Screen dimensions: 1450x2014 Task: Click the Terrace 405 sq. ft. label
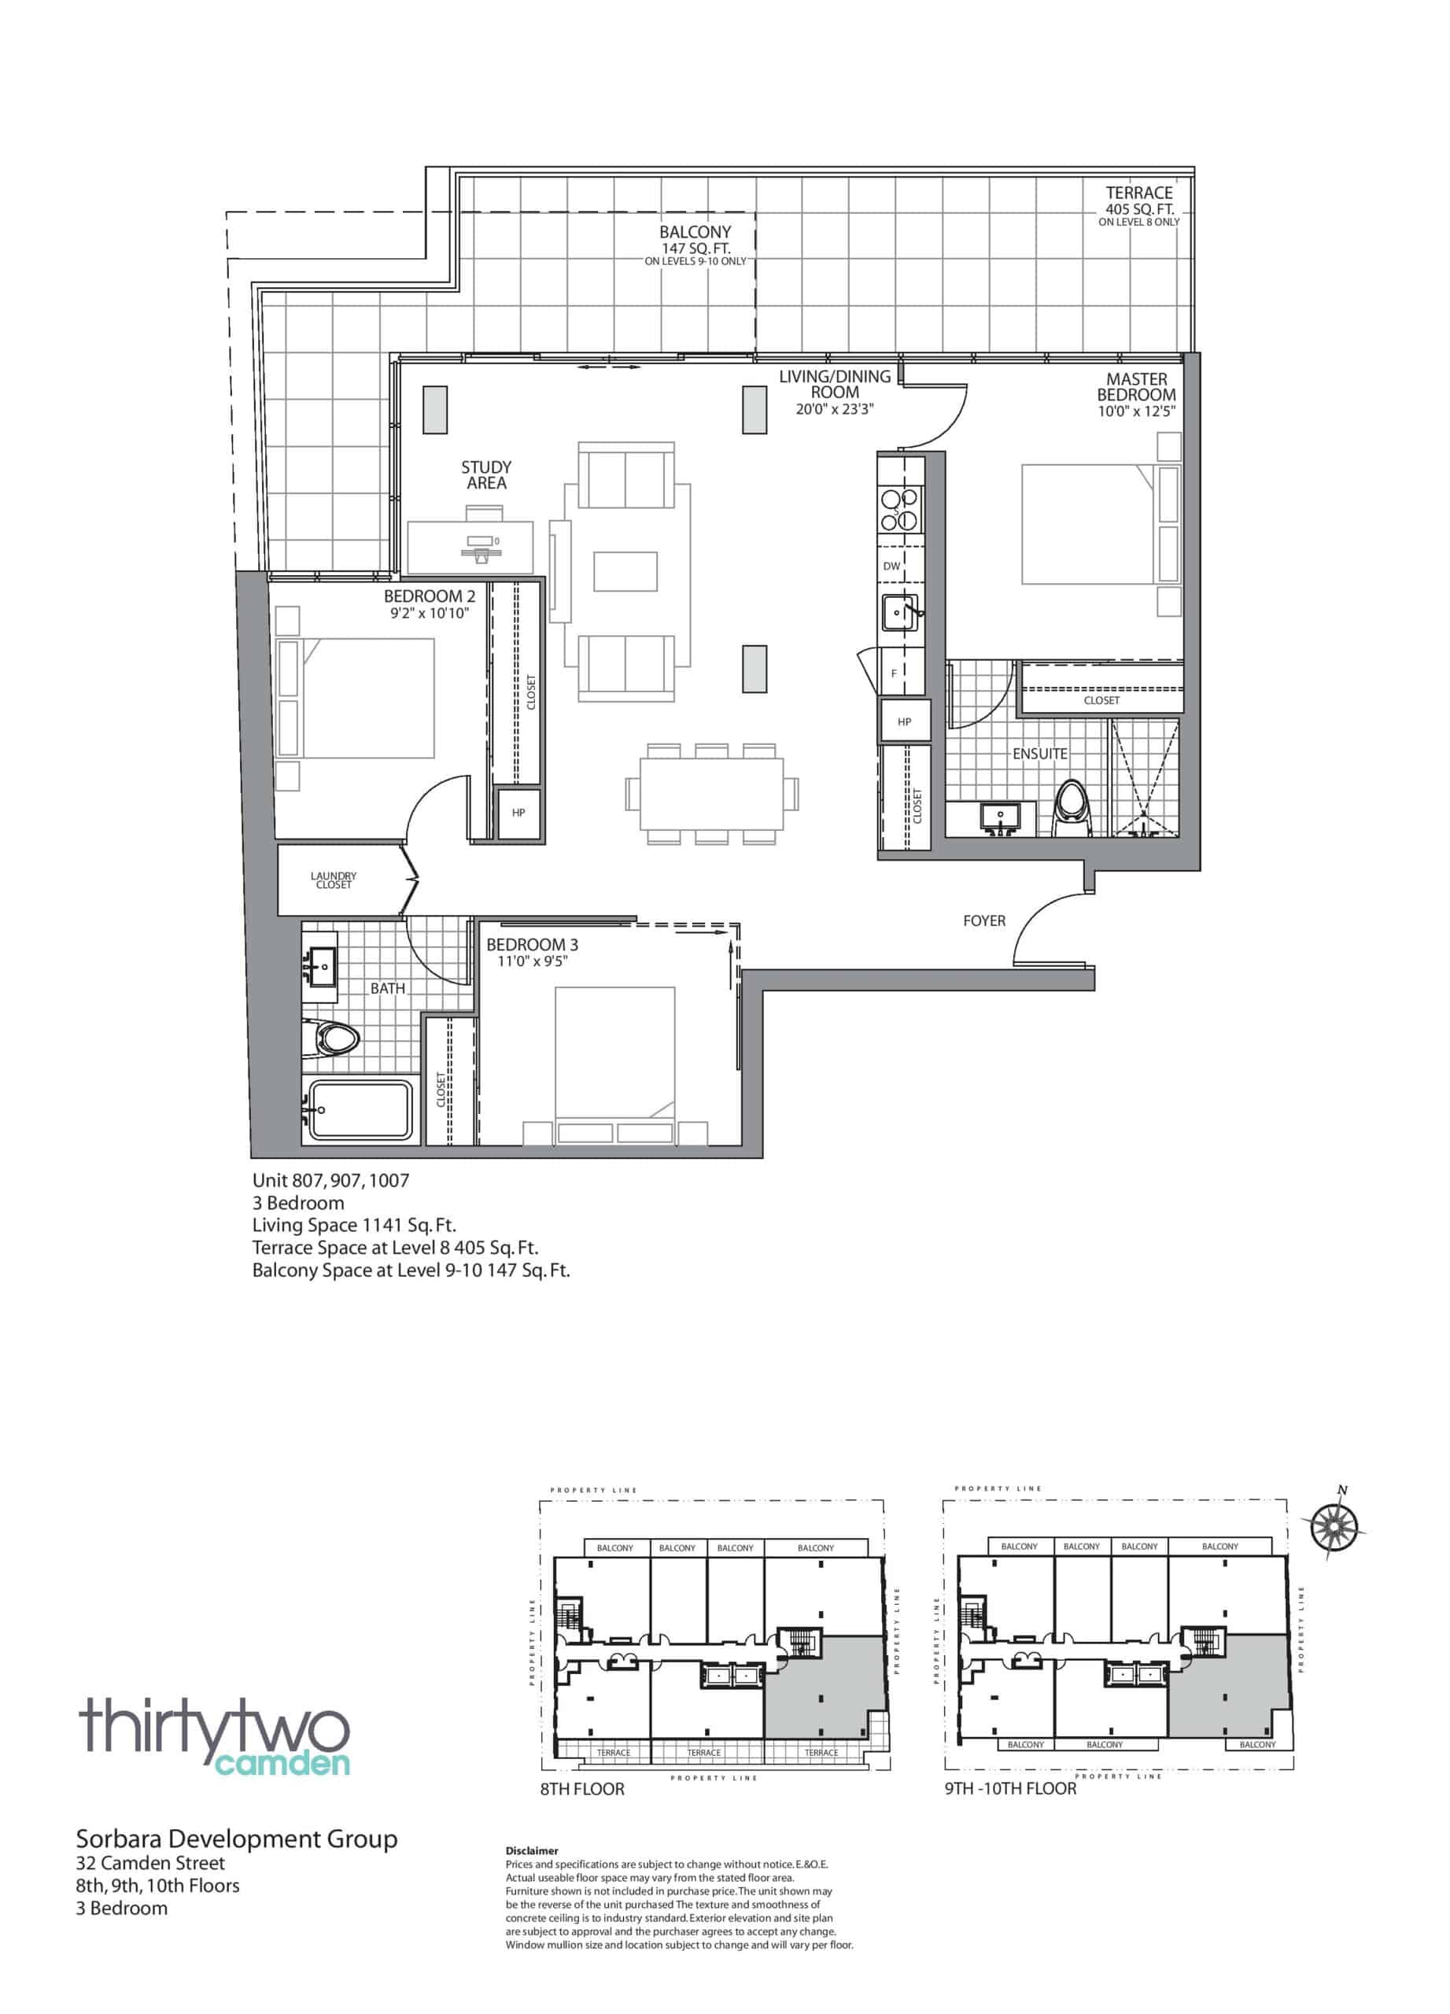1138,205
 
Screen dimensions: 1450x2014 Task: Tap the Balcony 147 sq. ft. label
695,246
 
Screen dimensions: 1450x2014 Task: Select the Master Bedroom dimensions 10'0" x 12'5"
1137,412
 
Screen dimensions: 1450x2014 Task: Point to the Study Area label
485,475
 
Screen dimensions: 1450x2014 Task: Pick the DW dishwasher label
891,566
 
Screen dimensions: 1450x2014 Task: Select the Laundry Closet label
334,880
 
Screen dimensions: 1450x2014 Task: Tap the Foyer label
983,921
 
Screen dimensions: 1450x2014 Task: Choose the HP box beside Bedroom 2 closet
518,813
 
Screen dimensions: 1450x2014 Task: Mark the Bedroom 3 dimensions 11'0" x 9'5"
532,961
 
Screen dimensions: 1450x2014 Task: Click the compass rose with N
1334,1525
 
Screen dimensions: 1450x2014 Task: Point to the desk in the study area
470,548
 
